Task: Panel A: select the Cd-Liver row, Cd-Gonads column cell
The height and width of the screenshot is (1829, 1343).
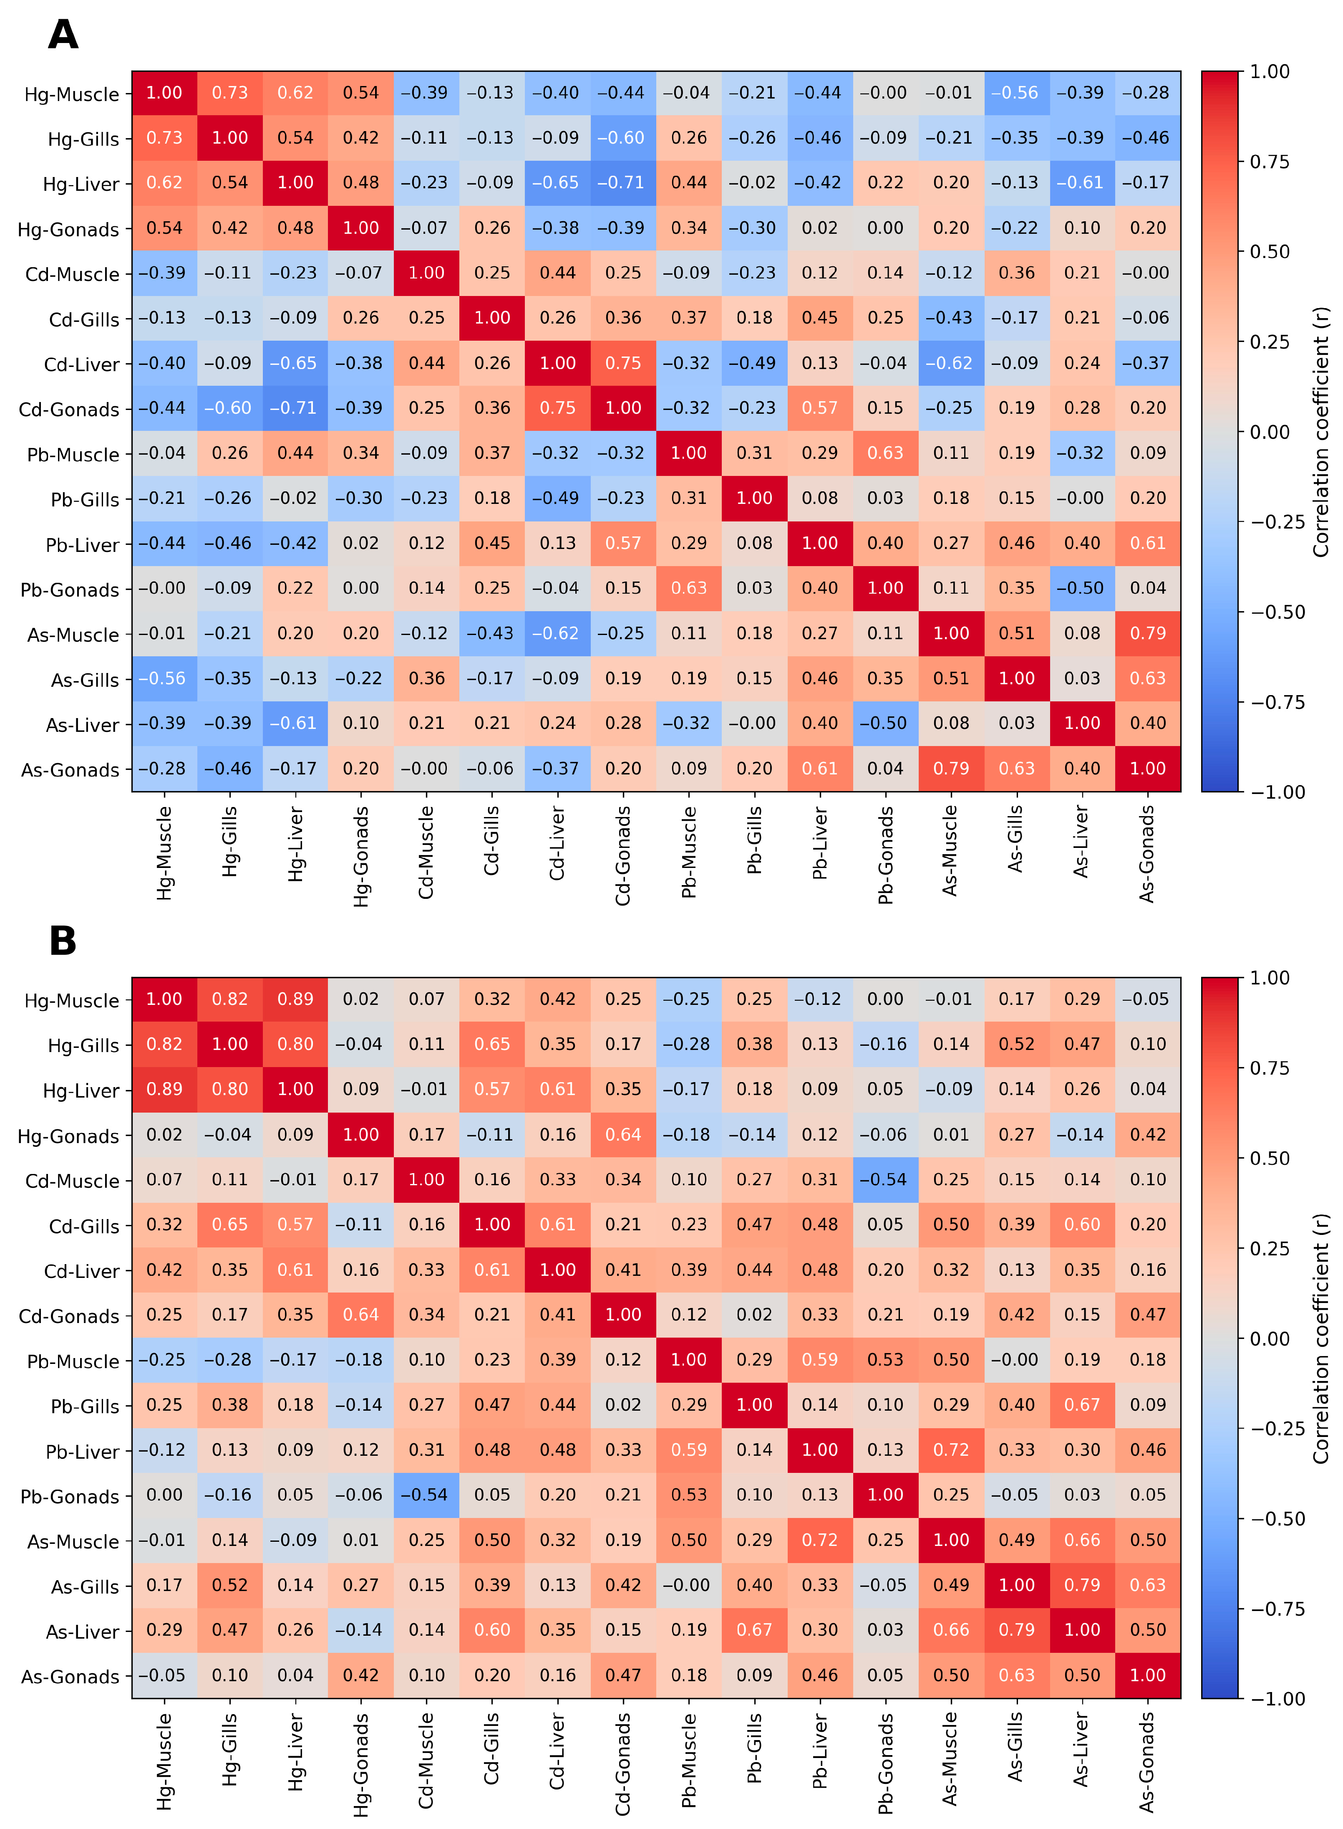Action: [624, 364]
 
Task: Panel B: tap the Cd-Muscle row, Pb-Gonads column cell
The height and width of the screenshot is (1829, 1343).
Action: [885, 1180]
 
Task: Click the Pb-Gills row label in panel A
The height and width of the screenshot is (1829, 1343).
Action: [85, 499]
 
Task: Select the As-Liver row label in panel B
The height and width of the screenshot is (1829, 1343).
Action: [82, 1632]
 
